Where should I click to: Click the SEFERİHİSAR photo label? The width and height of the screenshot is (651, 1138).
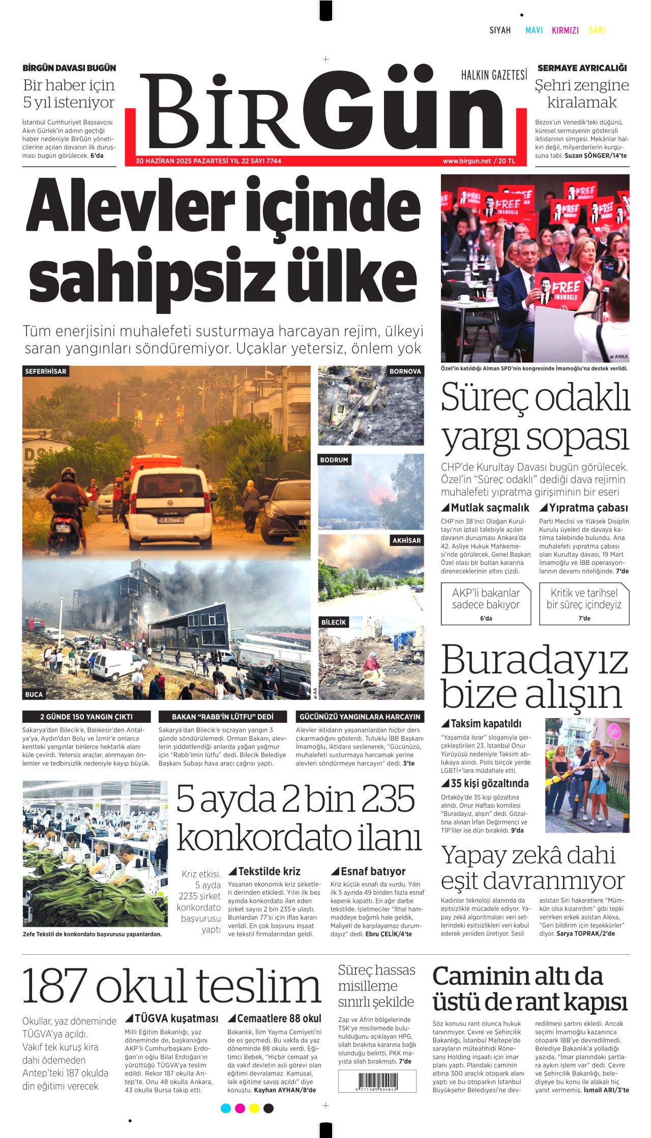(x=46, y=372)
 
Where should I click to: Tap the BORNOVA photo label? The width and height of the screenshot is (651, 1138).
(x=405, y=372)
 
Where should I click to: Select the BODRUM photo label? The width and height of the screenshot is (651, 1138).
(x=334, y=460)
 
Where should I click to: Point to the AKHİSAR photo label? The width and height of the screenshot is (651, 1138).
(x=406, y=540)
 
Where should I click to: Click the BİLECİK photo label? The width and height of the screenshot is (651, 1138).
(x=334, y=622)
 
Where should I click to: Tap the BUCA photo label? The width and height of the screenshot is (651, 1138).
(x=34, y=694)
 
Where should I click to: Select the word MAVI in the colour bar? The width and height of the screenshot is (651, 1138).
(x=534, y=31)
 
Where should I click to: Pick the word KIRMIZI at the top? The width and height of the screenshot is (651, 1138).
(x=565, y=31)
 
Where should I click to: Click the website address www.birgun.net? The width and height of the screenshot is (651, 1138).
(x=466, y=161)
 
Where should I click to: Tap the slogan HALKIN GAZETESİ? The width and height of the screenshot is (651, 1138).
(x=494, y=76)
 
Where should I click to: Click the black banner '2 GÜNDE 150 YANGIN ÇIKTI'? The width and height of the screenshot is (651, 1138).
(x=86, y=717)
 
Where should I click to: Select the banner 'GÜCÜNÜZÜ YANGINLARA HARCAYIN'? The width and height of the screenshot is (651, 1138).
(x=360, y=717)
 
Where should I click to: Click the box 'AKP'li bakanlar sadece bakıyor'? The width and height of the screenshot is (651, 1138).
(x=486, y=604)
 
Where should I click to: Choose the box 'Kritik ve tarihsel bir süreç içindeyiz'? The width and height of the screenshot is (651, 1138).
(x=584, y=604)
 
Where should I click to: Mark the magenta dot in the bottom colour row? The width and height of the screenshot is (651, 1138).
(x=240, y=1108)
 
